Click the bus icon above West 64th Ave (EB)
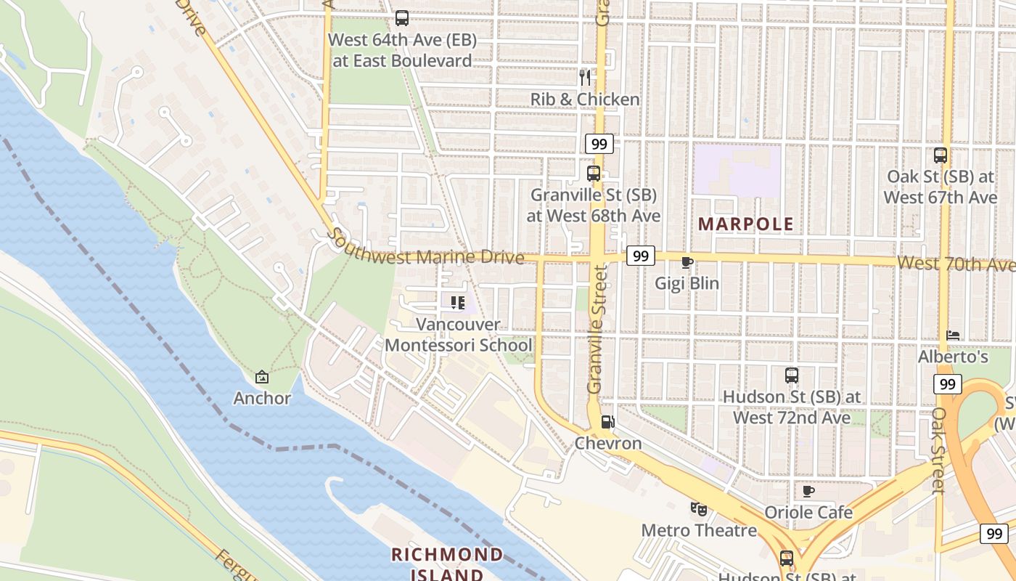click(x=401, y=18)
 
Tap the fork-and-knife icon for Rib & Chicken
click(x=585, y=77)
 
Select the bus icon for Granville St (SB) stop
click(x=594, y=173)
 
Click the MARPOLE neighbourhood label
click(x=746, y=224)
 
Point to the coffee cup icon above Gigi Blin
click(x=687, y=262)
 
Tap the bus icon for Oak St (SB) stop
click(x=941, y=155)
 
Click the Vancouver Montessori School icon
click(x=457, y=302)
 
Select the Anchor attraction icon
click(x=262, y=377)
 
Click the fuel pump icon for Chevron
click(x=608, y=422)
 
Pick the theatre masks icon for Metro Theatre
click(x=699, y=508)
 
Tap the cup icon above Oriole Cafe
click(x=808, y=492)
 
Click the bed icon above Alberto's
click(x=953, y=336)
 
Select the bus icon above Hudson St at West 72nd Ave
click(x=792, y=375)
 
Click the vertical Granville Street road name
click(x=596, y=330)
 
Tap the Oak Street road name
click(x=938, y=450)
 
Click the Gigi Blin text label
click(x=687, y=283)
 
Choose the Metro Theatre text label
click(x=699, y=530)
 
